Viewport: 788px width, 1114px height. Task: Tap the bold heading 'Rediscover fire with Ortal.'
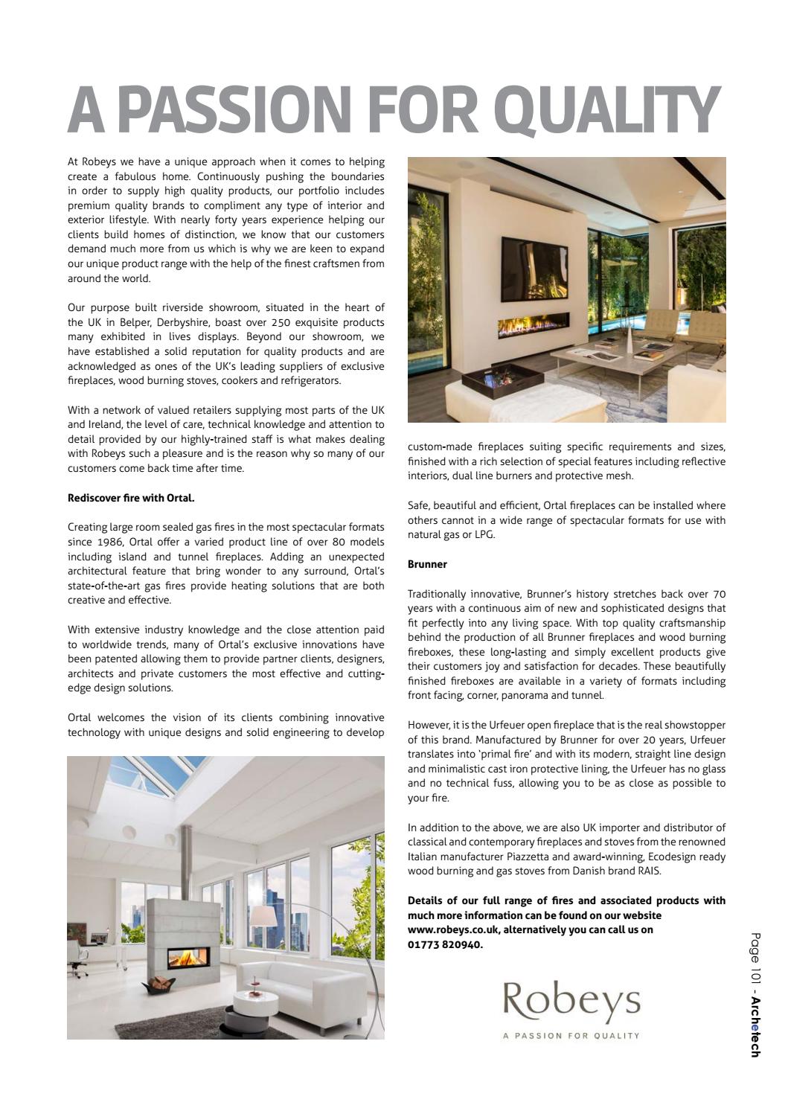131,498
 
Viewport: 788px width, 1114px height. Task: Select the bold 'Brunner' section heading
427,564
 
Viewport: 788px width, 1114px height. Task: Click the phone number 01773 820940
444,944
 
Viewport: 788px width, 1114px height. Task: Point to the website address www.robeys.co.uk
453,930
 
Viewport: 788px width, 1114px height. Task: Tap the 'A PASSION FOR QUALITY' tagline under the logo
571,1035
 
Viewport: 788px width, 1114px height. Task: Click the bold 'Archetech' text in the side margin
755,1027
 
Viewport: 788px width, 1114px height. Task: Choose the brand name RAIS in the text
648,871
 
